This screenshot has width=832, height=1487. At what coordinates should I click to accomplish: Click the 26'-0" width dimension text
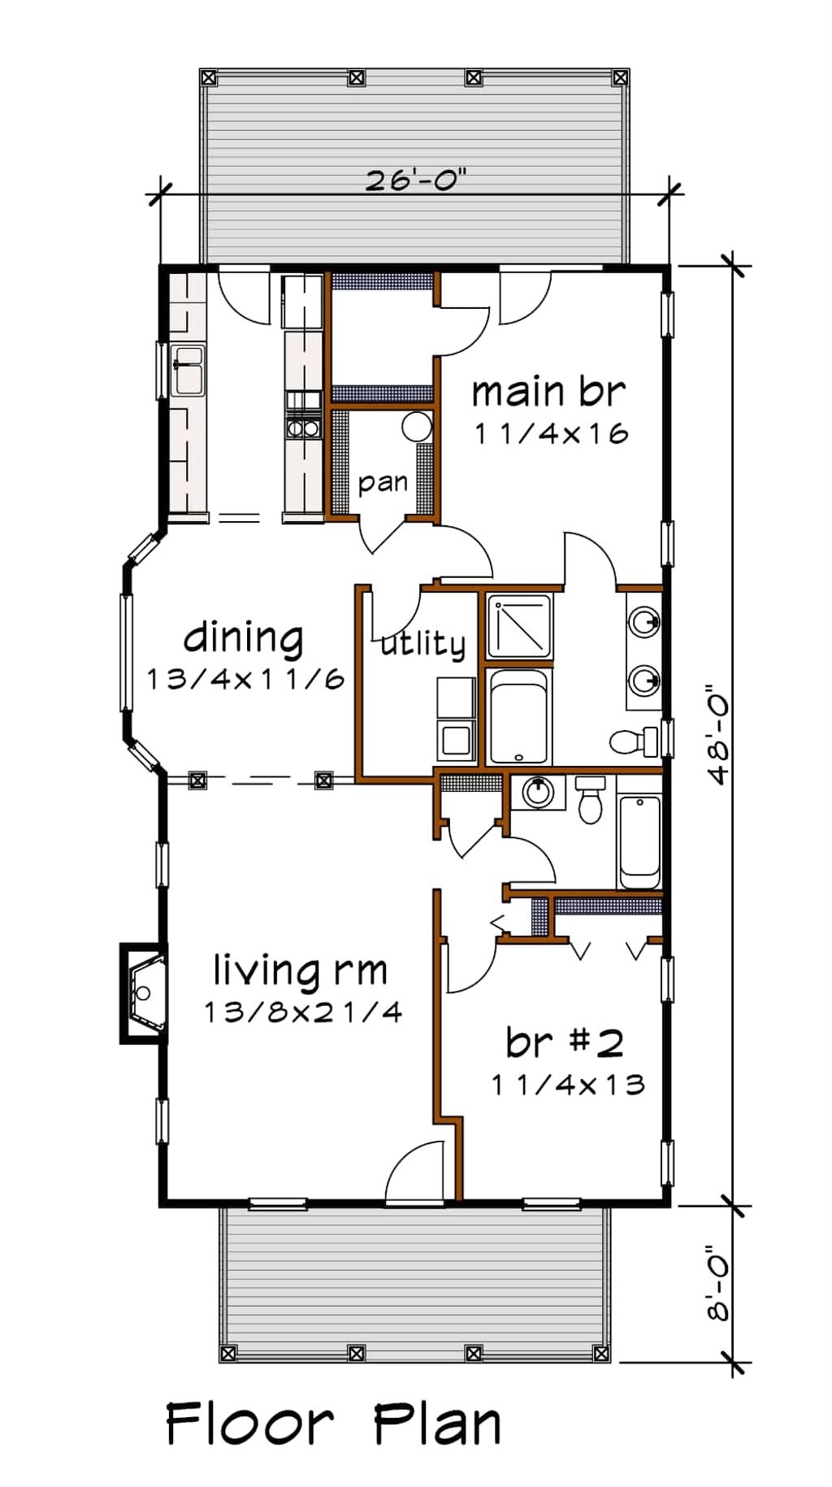coord(415,180)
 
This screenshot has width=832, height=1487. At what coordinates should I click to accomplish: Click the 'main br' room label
coord(549,392)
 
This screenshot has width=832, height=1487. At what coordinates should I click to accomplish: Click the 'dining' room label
coord(244,639)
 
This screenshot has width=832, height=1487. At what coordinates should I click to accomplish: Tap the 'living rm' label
coord(301,970)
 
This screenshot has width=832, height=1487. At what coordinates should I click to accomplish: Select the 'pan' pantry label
coord(383,483)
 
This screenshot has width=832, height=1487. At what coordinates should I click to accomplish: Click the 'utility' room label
coord(423,644)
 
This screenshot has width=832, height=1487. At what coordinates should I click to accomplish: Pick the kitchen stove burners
coord(302,428)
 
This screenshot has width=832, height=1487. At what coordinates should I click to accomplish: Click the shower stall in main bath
coord(519,625)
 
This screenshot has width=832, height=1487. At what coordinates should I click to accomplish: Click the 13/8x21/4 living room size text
coord(302,1012)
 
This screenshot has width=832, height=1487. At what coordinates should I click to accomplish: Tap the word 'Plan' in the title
coord(436,1424)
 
